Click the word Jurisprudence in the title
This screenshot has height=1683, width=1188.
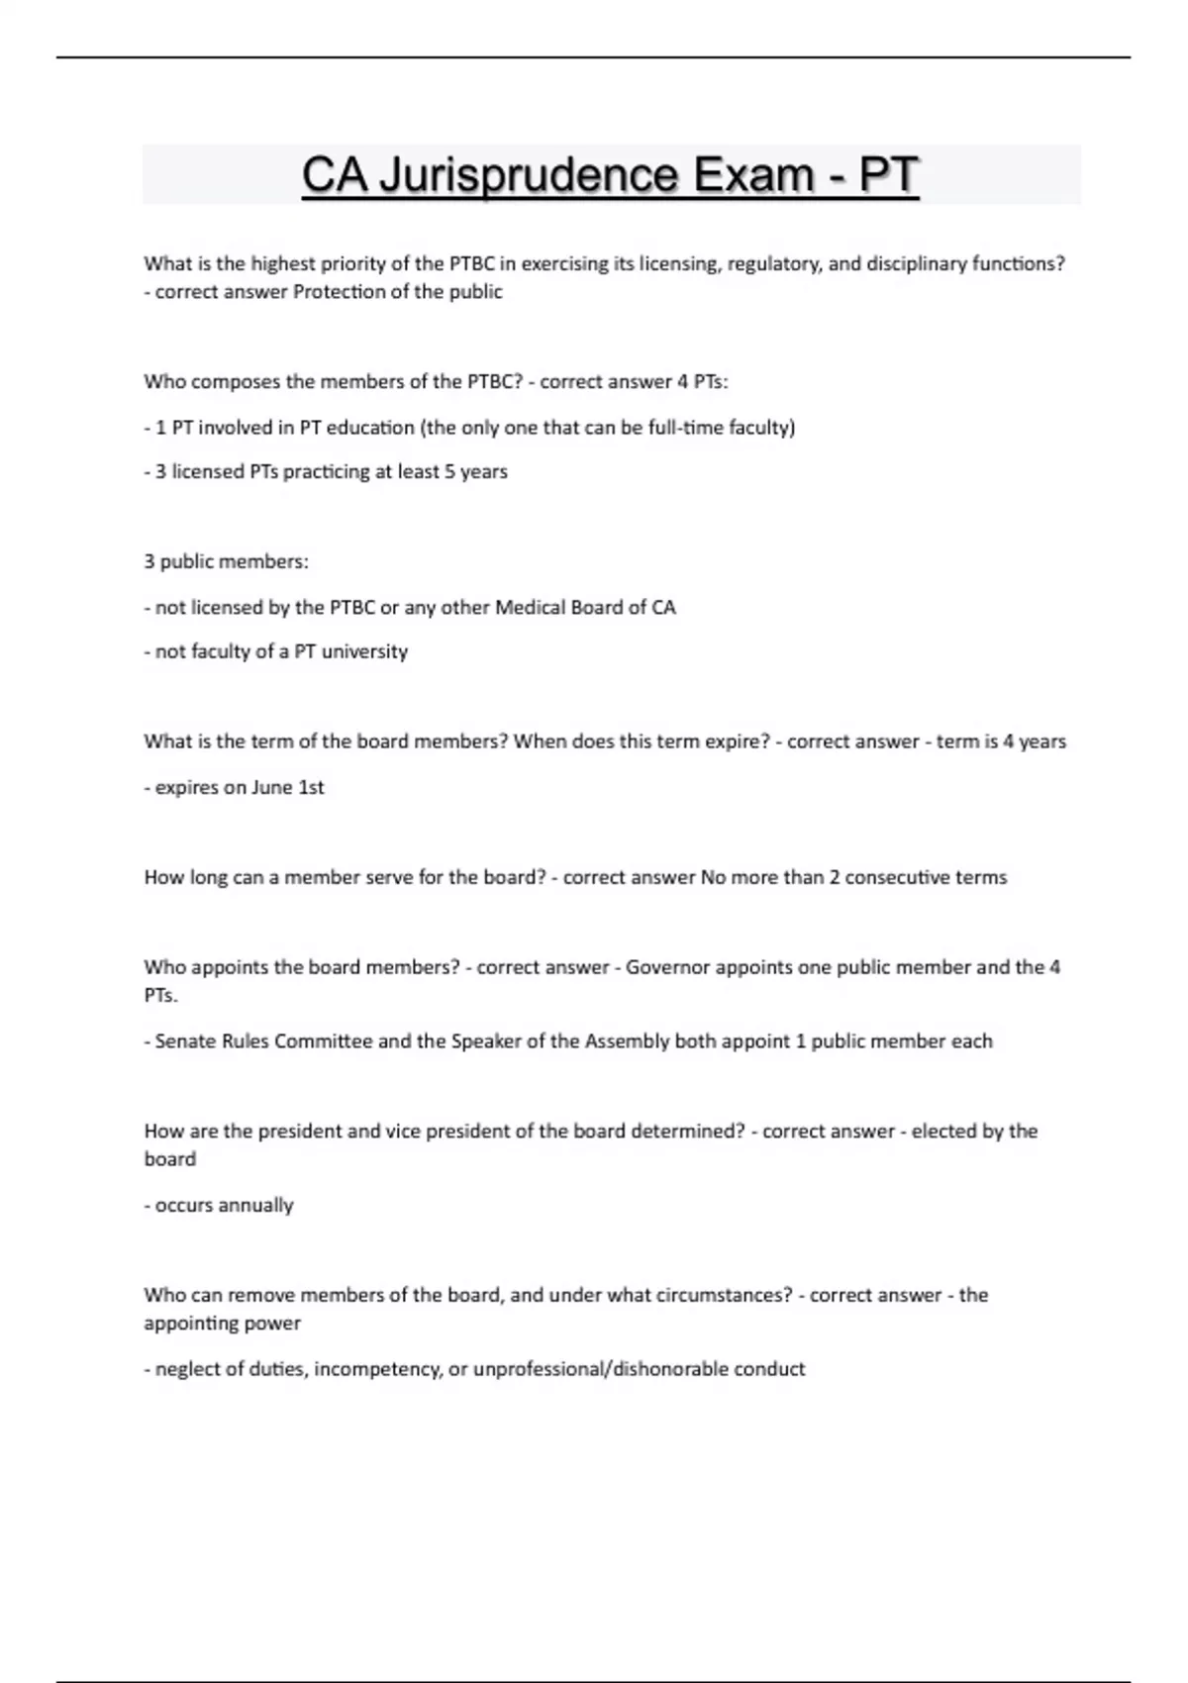click(x=529, y=176)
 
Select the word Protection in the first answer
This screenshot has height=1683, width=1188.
click(x=334, y=292)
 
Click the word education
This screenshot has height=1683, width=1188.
click(x=370, y=428)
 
